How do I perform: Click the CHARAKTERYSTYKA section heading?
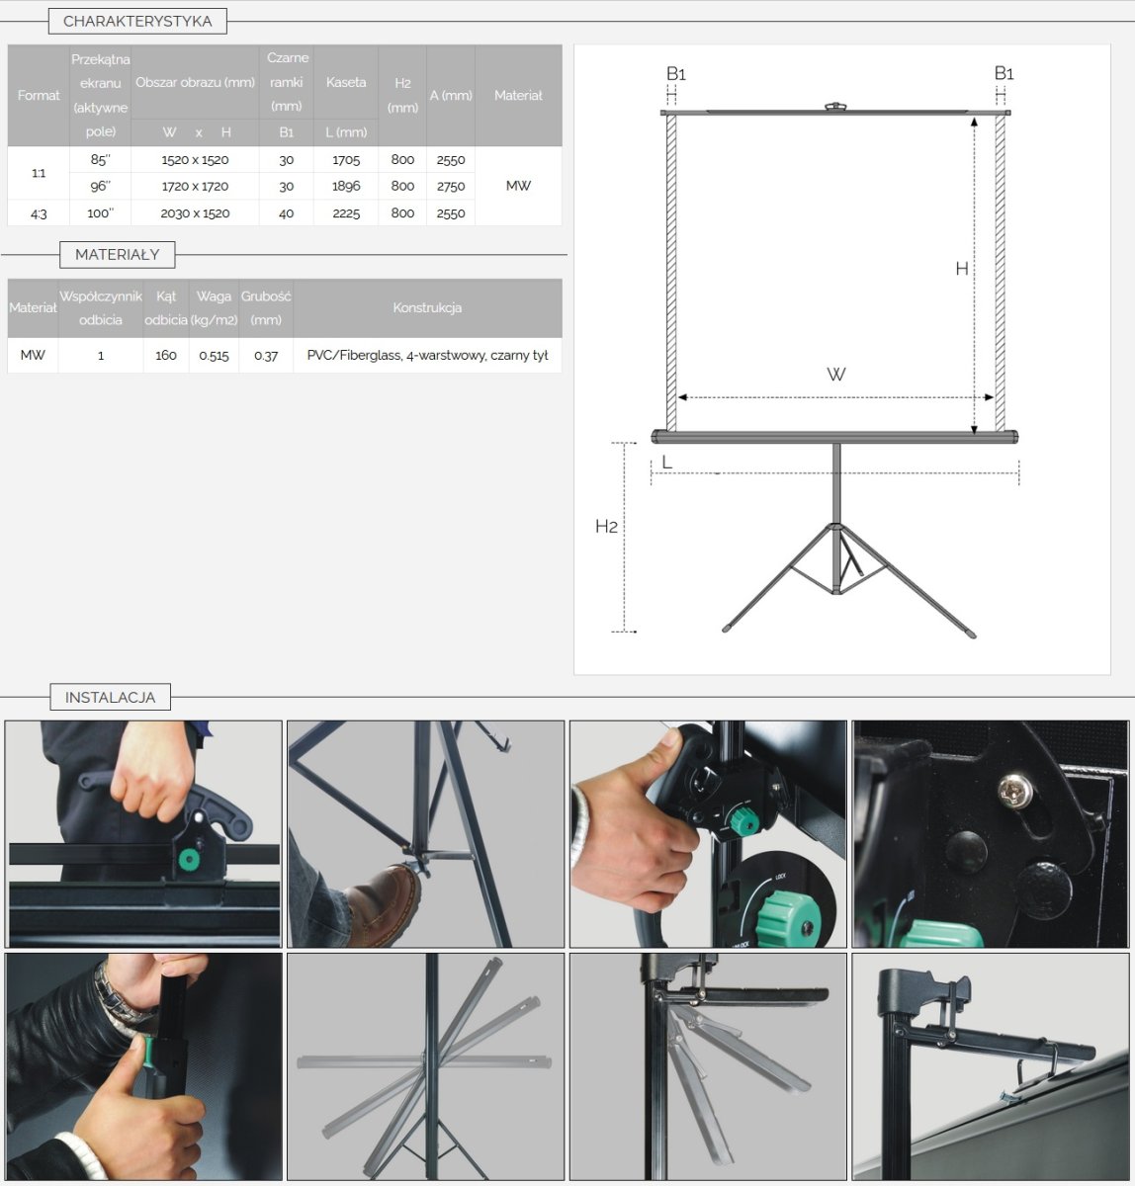point(137,22)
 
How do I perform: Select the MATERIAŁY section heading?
point(117,254)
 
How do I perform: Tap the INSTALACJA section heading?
point(111,697)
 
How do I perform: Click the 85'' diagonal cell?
point(101,160)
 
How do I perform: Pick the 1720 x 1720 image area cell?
point(195,186)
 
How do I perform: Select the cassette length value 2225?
point(346,213)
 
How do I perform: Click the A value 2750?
point(451,187)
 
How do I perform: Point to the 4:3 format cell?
point(39,213)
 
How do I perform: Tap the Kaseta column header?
point(346,82)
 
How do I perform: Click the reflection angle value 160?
point(166,356)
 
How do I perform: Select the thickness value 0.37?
point(266,356)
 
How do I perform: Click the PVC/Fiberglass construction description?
point(427,356)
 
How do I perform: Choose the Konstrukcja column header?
point(427,307)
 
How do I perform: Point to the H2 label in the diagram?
point(606,527)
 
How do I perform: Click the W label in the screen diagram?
point(836,375)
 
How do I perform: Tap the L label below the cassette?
point(666,462)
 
